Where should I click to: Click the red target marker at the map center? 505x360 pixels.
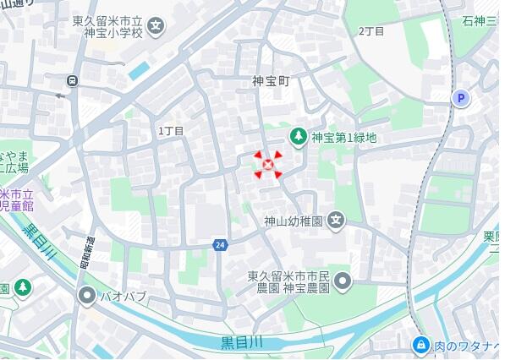pyautogui.click(x=269, y=165)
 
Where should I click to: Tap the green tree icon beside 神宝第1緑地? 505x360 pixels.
pyautogui.click(x=298, y=136)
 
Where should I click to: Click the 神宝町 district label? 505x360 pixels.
pyautogui.click(x=271, y=82)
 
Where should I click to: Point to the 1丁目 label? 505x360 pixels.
pyautogui.click(x=171, y=131)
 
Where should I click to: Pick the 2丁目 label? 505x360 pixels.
pyautogui.click(x=371, y=31)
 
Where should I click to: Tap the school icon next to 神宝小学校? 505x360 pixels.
pyautogui.click(x=156, y=25)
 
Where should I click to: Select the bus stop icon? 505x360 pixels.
pyautogui.click(x=74, y=81)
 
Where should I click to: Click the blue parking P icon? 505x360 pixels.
pyautogui.click(x=461, y=99)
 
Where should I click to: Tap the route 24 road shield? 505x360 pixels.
pyautogui.click(x=220, y=245)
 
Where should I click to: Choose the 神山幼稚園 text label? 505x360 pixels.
pyautogui.click(x=294, y=221)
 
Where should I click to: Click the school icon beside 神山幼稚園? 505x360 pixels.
pyautogui.click(x=337, y=221)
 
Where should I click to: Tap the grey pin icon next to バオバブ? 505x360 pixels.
pyautogui.click(x=87, y=296)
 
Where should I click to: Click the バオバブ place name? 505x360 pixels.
pyautogui.click(x=124, y=297)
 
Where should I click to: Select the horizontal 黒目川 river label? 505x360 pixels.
pyautogui.click(x=242, y=341)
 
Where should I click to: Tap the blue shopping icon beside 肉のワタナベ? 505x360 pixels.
pyautogui.click(x=420, y=345)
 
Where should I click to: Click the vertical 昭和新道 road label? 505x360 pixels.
pyautogui.click(x=88, y=249)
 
